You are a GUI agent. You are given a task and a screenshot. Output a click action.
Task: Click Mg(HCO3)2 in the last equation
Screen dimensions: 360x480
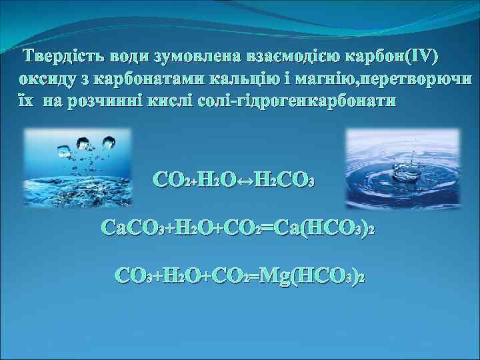click(x=313, y=275)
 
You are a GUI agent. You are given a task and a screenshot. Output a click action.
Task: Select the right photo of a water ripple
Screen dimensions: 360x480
click(x=403, y=167)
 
